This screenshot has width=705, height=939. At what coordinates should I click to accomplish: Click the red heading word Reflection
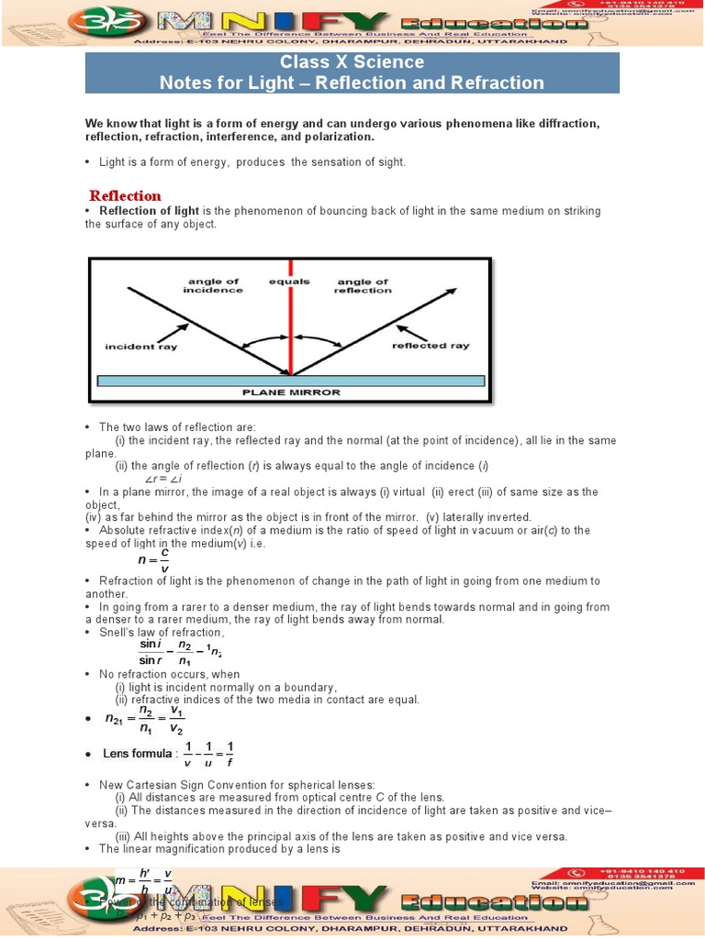click(x=125, y=195)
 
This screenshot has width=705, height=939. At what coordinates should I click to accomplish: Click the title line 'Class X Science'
click(x=352, y=62)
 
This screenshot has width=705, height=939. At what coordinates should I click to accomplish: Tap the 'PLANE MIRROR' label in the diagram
click(x=290, y=392)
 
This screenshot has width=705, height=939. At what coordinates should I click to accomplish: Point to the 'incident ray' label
click(x=141, y=347)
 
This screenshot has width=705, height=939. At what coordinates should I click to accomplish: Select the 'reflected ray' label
click(x=431, y=346)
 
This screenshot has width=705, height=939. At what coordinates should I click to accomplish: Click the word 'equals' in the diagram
click(x=289, y=282)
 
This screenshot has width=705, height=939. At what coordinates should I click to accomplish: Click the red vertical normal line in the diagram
click(x=291, y=321)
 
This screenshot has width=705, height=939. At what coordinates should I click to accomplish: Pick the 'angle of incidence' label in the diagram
click(x=213, y=286)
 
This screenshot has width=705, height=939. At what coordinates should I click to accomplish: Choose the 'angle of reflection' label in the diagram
click(x=364, y=286)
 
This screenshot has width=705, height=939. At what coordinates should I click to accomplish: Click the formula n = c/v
click(x=153, y=560)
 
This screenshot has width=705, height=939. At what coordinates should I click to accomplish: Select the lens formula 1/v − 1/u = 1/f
click(x=209, y=753)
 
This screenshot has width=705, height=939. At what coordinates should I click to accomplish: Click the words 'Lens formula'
click(x=138, y=754)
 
